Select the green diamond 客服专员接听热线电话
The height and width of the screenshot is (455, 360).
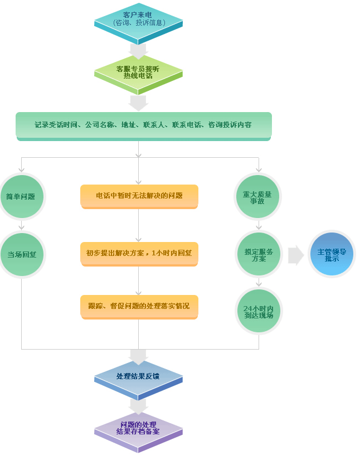point(138,71)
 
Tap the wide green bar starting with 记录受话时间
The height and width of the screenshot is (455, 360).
point(143,125)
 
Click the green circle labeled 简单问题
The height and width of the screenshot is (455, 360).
point(21,196)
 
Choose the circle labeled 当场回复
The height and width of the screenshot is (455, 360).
point(21,254)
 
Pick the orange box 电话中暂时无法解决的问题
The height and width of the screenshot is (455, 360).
point(139,196)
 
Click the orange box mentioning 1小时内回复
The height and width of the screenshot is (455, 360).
point(139,253)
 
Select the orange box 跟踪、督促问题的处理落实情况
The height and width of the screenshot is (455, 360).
point(139,306)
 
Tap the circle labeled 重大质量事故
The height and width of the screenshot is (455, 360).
point(258,197)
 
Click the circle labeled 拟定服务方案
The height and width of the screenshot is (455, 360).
point(258,254)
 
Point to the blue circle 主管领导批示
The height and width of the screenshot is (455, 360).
point(332,254)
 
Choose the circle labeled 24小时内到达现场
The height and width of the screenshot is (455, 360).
point(258,311)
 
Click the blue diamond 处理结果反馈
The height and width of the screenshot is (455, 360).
point(138,377)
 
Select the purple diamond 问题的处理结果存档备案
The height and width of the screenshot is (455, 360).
point(138,428)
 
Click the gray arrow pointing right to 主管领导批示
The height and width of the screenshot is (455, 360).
point(296,255)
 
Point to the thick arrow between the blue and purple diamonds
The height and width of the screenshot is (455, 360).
point(138,405)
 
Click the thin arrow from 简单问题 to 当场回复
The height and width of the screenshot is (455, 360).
point(21,224)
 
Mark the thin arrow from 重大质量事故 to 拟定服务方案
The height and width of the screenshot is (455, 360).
point(258,225)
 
